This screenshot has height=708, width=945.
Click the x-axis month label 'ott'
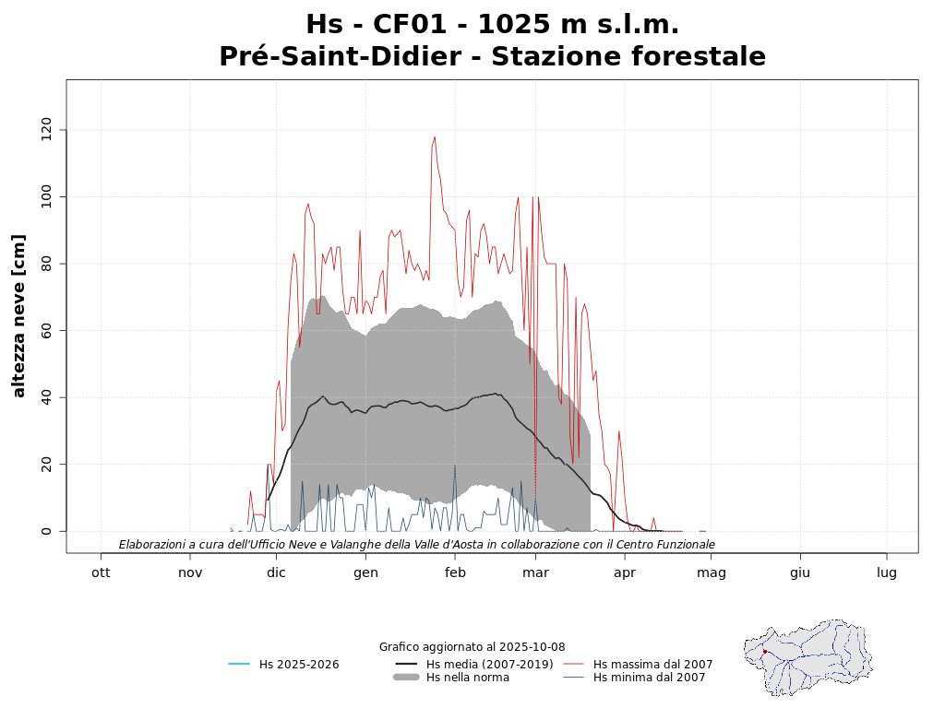101,572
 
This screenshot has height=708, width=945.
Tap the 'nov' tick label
190,572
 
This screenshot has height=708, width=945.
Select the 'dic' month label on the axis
276,572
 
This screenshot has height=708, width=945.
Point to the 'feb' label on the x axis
455,572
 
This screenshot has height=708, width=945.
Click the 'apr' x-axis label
625,572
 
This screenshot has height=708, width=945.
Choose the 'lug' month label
887,572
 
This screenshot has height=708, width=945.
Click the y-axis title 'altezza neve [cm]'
19,315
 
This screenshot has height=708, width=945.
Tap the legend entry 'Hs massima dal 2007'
652,664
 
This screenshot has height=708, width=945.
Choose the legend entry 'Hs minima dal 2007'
649,678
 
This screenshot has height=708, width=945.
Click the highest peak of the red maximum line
435,137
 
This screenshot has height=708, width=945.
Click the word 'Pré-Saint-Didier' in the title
340,57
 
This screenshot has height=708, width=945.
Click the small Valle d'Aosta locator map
808,656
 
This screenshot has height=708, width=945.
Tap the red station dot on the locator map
765,652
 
